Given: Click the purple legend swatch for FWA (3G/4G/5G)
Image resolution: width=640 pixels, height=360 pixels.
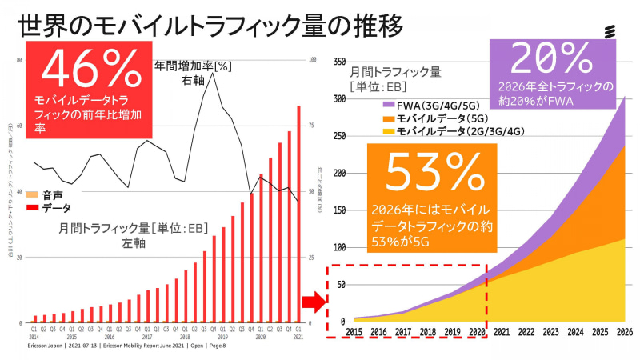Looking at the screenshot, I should (x=390, y=104).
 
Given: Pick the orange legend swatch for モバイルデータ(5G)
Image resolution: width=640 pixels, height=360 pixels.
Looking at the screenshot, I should (x=390, y=117).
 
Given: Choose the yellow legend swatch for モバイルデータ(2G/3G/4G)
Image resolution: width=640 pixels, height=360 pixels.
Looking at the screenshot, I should (x=390, y=130).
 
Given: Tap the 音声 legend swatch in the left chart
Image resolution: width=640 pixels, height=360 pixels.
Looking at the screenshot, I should (x=33, y=195).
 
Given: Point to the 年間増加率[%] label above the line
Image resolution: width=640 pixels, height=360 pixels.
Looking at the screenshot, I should (x=193, y=66).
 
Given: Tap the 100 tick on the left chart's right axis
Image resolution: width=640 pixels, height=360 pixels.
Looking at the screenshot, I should (x=314, y=60).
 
